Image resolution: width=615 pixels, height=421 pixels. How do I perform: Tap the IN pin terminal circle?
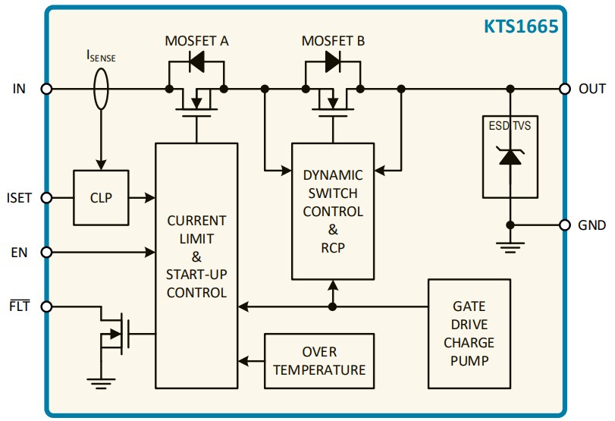point(46,89)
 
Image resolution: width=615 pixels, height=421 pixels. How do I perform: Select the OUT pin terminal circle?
point(564,89)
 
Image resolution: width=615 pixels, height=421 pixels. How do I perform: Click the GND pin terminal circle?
point(564,225)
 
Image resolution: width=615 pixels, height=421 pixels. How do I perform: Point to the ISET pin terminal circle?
point(46,198)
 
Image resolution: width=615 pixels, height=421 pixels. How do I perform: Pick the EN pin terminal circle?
point(46,252)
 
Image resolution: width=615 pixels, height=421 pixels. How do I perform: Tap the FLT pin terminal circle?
point(46,307)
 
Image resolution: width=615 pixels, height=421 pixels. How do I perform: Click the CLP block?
point(101,198)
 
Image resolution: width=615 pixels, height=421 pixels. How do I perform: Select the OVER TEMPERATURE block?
point(318,361)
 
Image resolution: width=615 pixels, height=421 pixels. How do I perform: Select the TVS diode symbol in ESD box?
point(510,157)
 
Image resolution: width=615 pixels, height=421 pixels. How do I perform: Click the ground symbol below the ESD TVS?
point(510,244)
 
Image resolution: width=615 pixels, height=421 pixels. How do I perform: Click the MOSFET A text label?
point(196,41)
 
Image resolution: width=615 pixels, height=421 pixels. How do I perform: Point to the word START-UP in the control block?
point(196,275)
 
